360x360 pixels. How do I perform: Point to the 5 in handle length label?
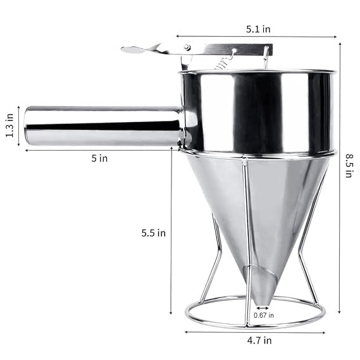[99, 158]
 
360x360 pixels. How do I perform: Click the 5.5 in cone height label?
[152, 233]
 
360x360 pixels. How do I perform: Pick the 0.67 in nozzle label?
[263, 314]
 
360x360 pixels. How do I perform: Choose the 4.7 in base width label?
[259, 340]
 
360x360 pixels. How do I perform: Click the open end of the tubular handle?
[29, 127]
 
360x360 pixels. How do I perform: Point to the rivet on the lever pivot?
[187, 47]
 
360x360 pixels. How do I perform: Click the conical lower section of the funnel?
[253, 209]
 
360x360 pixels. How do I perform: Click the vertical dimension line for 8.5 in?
[340, 177]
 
